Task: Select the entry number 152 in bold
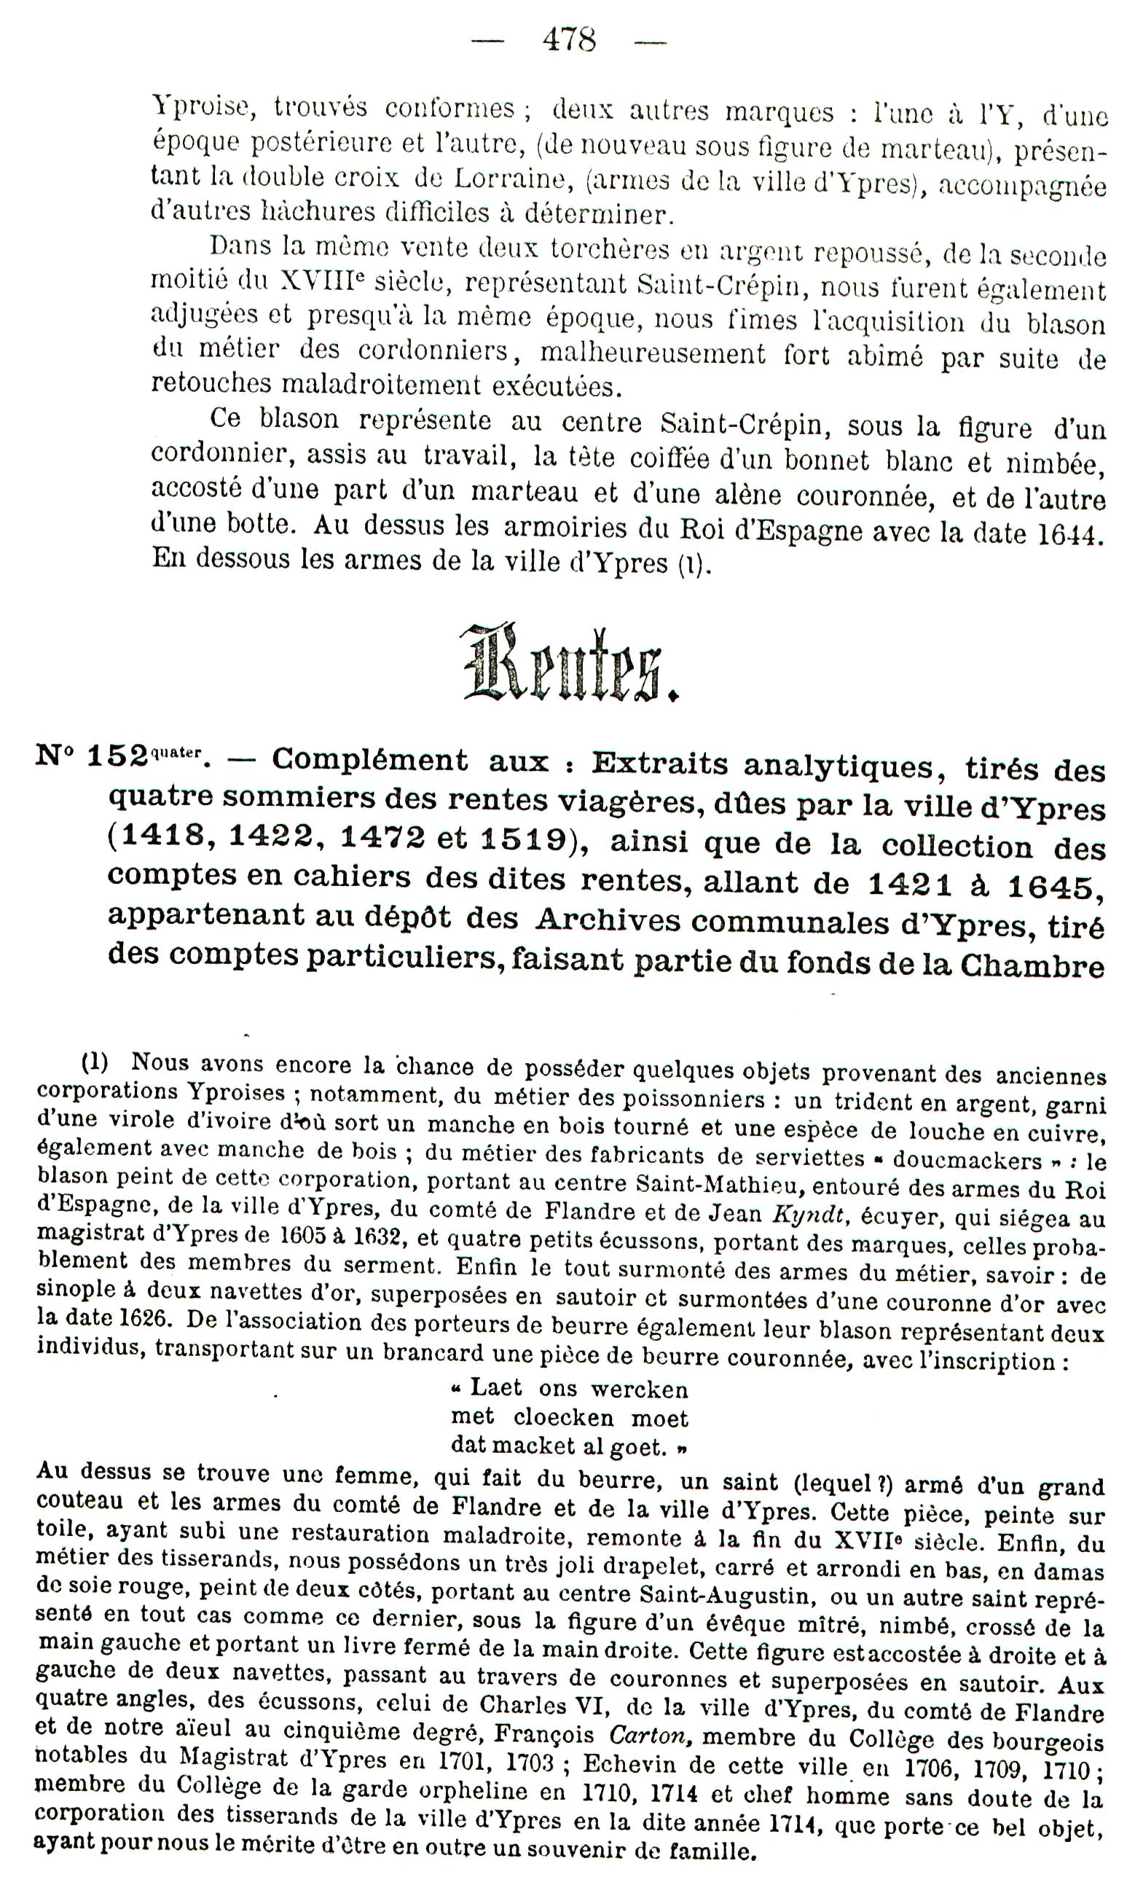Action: [x=117, y=757]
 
